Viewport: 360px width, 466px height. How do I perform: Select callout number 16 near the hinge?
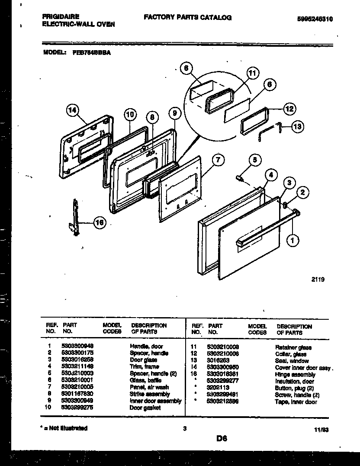pyautogui.click(x=99, y=223)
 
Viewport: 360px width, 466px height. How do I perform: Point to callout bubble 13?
pyautogui.click(x=297, y=127)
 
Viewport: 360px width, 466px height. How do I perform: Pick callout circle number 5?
pyautogui.click(x=255, y=160)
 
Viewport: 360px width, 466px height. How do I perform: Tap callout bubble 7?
pyautogui.click(x=219, y=160)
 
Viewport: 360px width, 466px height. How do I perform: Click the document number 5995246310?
pyautogui.click(x=318, y=19)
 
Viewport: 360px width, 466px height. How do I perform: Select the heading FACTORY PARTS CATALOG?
pyautogui.click(x=187, y=18)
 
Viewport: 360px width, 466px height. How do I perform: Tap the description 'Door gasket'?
pyautogui.click(x=145, y=408)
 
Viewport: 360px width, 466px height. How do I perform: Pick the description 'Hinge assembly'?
pyautogui.click(x=295, y=374)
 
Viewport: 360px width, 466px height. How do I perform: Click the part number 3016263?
pyautogui.click(x=218, y=360)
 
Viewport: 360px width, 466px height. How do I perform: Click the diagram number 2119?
pyautogui.click(x=318, y=280)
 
